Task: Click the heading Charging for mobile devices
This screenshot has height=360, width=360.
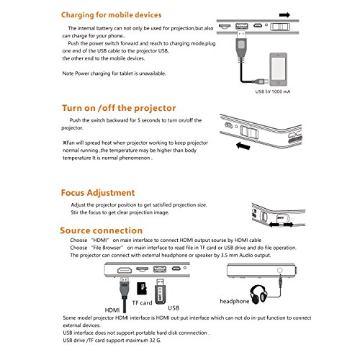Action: click(111, 15)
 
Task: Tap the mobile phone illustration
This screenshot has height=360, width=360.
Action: click(278, 69)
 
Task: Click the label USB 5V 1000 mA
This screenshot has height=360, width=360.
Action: click(273, 91)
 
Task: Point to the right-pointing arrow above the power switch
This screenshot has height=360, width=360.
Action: click(284, 15)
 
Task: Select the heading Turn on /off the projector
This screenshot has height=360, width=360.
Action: click(119, 108)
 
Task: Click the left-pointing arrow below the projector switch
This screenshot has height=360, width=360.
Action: click(243, 145)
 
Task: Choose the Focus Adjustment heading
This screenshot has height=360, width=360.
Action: click(98, 193)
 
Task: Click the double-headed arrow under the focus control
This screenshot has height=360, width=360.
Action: click(281, 225)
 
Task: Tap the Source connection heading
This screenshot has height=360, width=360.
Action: click(101, 230)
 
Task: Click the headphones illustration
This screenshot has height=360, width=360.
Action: click(258, 294)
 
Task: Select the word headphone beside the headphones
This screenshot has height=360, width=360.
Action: click(235, 301)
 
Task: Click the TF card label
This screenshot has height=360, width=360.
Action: click(142, 303)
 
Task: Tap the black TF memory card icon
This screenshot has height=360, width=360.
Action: click(142, 289)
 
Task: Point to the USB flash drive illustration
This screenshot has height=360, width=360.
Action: click(161, 292)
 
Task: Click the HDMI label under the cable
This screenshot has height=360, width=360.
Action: click(112, 310)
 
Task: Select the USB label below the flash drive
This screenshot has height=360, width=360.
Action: click(174, 308)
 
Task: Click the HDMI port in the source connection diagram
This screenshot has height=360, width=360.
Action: click(125, 270)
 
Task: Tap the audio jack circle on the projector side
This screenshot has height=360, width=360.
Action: click(279, 270)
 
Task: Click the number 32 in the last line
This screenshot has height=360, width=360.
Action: click(153, 341)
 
